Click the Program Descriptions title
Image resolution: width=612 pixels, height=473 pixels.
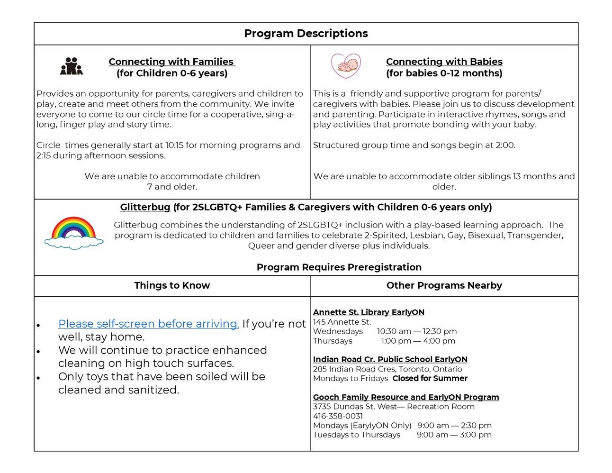click(306, 34)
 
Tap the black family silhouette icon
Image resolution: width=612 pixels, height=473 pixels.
click(72, 66)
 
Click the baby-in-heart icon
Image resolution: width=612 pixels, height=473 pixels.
click(346, 65)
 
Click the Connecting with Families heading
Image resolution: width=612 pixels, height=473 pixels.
click(171, 62)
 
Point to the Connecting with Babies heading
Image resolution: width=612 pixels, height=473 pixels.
click(444, 62)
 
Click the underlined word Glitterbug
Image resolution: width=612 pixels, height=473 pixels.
click(145, 207)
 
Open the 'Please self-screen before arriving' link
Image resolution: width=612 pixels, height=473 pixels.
click(148, 324)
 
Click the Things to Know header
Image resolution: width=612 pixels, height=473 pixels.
click(172, 285)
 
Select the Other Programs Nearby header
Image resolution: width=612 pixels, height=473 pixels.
click(444, 285)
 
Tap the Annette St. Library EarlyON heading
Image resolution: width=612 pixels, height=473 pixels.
click(369, 312)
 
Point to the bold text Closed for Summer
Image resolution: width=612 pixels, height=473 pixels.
click(430, 378)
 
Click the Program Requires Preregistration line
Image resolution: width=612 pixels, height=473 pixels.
click(339, 267)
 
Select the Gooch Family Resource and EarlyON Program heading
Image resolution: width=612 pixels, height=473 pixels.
click(405, 397)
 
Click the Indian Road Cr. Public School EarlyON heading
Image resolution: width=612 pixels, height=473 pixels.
click(390, 359)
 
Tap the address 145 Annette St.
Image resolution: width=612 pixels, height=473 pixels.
click(342, 322)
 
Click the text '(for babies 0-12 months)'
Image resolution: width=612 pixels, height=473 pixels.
click(444, 73)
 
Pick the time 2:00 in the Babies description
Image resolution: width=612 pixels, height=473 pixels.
click(504, 146)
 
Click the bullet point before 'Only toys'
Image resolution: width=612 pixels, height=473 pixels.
click(38, 378)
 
